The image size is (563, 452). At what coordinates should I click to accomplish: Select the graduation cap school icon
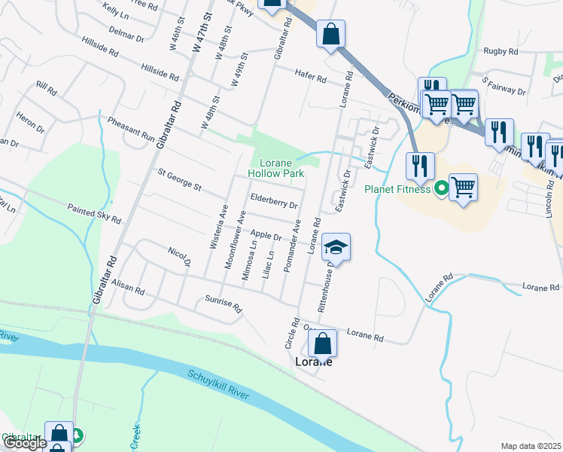click(x=336, y=246)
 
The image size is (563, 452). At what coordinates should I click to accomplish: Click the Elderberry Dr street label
click(x=273, y=200)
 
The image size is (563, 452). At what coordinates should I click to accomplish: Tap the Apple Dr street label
click(x=266, y=237)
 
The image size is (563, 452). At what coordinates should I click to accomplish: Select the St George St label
click(x=179, y=179)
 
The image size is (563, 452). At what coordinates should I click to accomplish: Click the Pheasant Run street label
click(x=130, y=130)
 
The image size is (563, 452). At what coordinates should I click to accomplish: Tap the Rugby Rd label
click(x=501, y=52)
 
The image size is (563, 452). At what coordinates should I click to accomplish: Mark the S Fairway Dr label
click(x=504, y=84)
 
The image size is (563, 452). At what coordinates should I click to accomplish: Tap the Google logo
click(x=24, y=443)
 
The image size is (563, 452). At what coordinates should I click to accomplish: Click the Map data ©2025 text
click(x=531, y=446)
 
